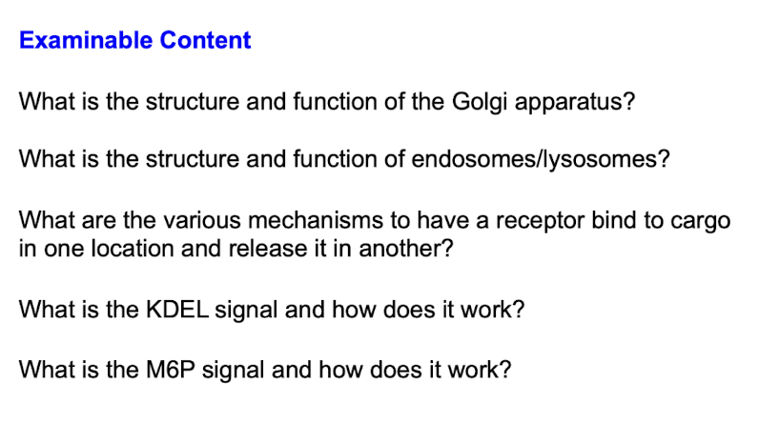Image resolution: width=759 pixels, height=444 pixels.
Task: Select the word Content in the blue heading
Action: pos(205,40)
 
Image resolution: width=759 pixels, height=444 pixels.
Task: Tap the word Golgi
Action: pos(480,103)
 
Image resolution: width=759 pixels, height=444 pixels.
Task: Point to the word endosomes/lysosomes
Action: pos(535,160)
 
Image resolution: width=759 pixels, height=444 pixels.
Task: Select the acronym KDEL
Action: pos(177,310)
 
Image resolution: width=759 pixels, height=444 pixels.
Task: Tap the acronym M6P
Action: pos(171,370)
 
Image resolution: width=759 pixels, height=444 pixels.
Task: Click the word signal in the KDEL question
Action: pos(246,311)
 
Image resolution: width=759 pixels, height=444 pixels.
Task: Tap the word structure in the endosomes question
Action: pos(193,160)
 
